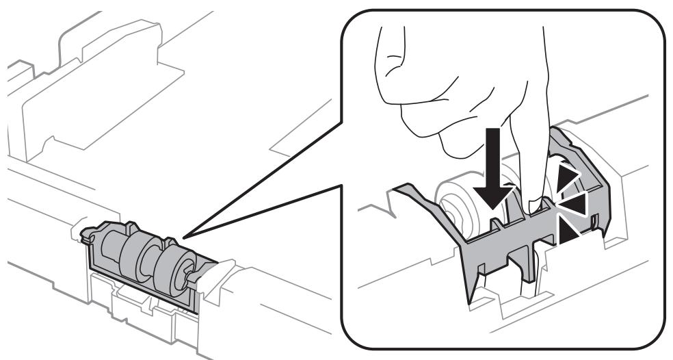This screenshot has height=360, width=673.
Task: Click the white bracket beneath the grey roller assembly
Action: click(137, 301)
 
